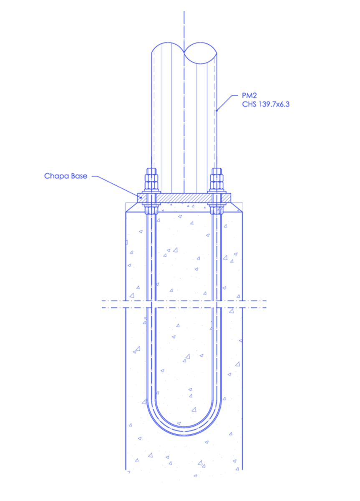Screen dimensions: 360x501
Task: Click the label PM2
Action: tap(249, 96)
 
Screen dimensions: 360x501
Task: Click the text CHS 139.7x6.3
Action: tap(266, 104)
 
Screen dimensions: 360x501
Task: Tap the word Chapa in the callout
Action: tap(56, 176)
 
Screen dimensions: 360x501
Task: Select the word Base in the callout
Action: tap(79, 176)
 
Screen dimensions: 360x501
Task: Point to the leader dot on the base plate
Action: tap(141, 197)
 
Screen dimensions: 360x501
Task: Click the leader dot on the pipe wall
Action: tap(217, 110)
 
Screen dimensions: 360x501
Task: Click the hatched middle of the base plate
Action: tap(184, 198)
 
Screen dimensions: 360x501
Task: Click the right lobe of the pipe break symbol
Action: tap(200, 53)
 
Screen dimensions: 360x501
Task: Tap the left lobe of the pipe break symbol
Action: tap(168, 48)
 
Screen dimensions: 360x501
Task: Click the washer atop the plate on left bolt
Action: tap(151, 192)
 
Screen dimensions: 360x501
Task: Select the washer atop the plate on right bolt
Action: tap(217, 192)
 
